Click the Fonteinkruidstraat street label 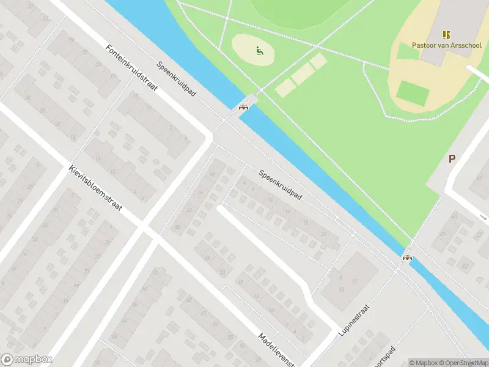tap(131, 68)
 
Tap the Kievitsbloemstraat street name tap(95, 187)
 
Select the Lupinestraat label tap(354, 321)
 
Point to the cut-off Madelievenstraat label tap(279, 349)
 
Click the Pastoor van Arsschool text tap(446, 45)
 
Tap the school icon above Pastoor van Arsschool tap(446, 34)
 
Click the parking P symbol tap(452, 159)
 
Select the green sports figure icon tap(260, 52)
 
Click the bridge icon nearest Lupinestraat tap(406, 258)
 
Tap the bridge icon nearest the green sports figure tap(244, 108)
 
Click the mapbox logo tap(27, 360)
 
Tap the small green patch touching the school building tap(408, 51)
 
